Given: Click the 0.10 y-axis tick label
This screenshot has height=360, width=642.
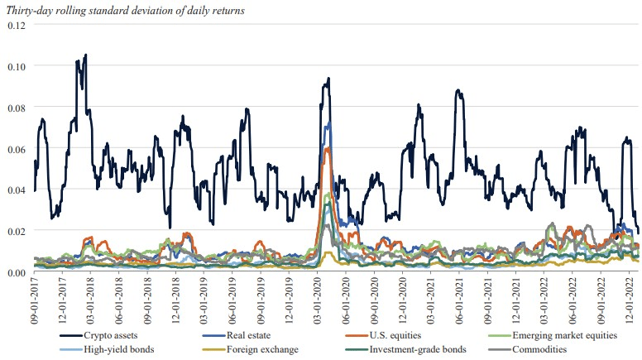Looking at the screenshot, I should coord(17,66).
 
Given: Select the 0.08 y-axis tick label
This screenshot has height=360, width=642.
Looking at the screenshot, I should coord(17,108).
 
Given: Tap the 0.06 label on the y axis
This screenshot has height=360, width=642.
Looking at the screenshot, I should coord(17,149).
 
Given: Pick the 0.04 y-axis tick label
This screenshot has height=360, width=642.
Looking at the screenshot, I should coord(17,190).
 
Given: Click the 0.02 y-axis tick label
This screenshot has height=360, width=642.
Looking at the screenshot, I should coord(17,232).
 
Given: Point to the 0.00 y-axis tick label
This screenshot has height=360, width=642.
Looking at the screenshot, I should coord(17,273).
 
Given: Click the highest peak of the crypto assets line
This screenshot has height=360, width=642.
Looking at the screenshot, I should coord(85,55).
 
